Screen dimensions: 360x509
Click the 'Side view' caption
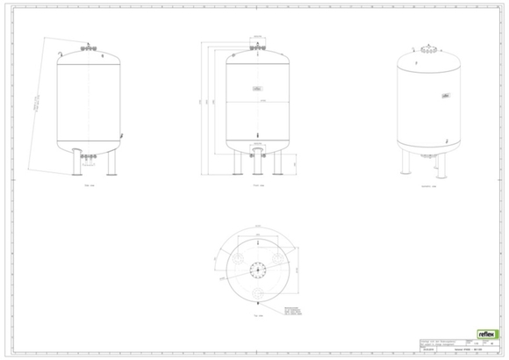coord(87,186)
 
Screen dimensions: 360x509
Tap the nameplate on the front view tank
coord(256,90)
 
